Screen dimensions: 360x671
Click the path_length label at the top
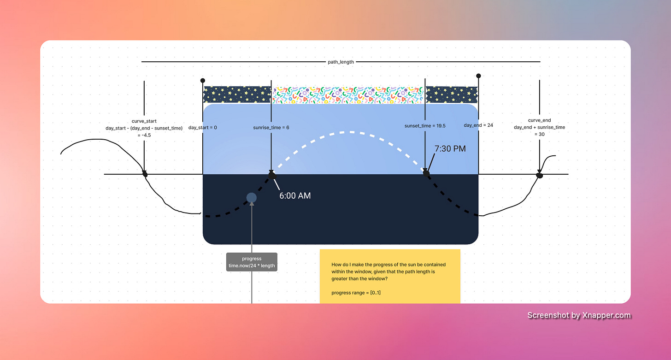[341, 62]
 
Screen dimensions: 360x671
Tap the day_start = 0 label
[203, 128]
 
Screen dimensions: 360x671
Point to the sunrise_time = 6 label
[271, 128]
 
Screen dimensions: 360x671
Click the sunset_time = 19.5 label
[425, 125]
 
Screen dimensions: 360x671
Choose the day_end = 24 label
[479, 125]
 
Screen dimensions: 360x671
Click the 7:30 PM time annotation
[450, 148]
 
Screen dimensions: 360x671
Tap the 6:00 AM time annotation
[295, 196]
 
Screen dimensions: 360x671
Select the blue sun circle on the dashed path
[251, 198]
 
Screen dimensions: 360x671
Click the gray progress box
[252, 262]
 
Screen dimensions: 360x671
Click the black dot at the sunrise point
[272, 175]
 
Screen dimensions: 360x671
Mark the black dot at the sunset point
[426, 173]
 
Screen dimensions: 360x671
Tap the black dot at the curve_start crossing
[145, 174]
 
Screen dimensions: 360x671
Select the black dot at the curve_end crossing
[539, 175]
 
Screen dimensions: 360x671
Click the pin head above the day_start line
[203, 81]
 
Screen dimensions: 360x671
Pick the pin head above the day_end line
[478, 76]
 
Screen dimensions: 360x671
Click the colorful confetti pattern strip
[348, 94]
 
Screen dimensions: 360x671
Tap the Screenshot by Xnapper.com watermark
[579, 315]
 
